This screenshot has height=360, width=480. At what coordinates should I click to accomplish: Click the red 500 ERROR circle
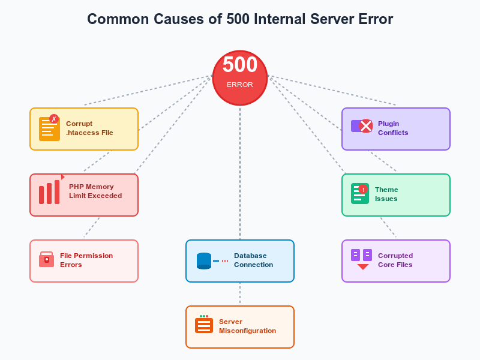240,77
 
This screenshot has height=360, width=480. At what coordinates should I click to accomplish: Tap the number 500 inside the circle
240,65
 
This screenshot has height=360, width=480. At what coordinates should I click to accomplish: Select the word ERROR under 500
240,85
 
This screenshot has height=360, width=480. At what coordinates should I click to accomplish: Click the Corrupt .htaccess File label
89,128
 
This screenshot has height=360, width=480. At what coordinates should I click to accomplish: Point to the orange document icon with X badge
49,128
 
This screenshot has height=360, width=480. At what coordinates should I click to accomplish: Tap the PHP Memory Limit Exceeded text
95,191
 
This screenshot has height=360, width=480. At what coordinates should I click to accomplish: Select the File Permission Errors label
86,260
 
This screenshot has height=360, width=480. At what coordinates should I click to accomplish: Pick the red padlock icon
46,259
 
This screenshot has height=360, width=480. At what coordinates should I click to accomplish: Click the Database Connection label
253,260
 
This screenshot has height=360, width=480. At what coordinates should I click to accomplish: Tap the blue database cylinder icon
204,261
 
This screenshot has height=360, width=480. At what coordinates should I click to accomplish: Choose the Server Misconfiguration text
247,326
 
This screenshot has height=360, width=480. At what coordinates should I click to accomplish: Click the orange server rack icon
204,325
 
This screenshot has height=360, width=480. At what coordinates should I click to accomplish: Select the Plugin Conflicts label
393,128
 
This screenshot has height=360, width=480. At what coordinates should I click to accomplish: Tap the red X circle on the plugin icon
366,126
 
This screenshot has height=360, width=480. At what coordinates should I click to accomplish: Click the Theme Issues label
386,194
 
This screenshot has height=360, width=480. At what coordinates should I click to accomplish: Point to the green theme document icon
359,194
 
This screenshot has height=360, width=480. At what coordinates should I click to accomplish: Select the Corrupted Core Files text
395,260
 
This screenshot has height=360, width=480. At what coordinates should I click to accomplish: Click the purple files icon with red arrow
362,259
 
